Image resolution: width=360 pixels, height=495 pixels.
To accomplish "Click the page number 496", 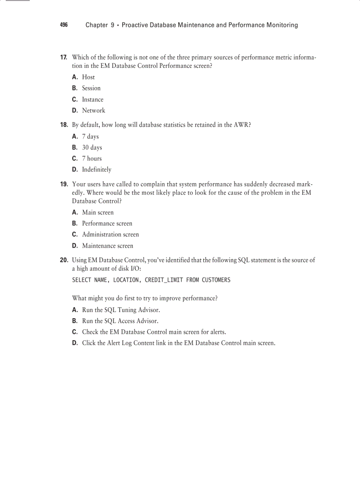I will [x=64, y=25].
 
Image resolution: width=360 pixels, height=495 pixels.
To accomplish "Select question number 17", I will [x=64, y=57].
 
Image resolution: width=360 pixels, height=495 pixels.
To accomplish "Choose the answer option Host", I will [x=88, y=77].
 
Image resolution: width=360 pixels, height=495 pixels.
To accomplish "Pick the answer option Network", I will [x=94, y=111].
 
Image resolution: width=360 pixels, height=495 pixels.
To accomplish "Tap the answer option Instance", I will [x=93, y=100].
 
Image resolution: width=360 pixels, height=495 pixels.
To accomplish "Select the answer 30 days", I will [x=92, y=148].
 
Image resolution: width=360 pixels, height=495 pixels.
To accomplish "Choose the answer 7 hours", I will [x=92, y=159].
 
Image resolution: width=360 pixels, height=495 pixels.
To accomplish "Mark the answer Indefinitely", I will [x=97, y=170].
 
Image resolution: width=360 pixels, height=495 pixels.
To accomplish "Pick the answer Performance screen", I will [x=107, y=223].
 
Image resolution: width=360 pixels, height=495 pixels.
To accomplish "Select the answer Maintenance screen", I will [x=108, y=246].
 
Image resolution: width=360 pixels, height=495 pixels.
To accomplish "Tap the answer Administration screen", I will [x=110, y=234].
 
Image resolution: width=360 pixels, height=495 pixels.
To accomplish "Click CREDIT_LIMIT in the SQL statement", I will [x=164, y=280].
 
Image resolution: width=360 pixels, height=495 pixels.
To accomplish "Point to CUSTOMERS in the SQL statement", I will [x=216, y=280].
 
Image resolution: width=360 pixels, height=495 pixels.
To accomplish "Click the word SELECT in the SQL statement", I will [x=82, y=280].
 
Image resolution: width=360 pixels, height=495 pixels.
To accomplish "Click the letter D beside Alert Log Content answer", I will [x=75, y=343].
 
